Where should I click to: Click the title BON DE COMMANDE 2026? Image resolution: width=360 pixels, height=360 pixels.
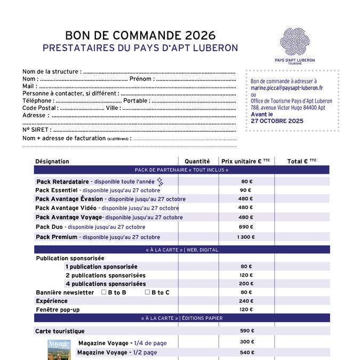point(140,35)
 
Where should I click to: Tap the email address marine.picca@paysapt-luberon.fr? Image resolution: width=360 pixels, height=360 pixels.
point(286,87)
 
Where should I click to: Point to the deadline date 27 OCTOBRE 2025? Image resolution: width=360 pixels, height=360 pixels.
point(277,121)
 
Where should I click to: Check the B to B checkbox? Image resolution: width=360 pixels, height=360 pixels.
point(104,292)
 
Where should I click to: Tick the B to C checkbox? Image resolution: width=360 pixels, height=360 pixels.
point(148,292)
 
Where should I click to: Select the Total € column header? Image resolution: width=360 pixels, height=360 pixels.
point(301,161)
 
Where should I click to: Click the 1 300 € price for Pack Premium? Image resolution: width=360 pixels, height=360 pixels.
point(246,237)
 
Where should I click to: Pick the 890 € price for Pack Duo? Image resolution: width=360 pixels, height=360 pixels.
point(246,227)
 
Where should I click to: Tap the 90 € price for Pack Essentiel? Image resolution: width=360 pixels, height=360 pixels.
point(246,190)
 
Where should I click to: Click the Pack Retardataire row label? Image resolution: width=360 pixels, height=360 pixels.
point(62,181)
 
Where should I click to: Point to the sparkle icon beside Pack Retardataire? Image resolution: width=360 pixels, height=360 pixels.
point(159,182)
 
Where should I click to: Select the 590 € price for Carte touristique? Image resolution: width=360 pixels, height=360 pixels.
point(246,331)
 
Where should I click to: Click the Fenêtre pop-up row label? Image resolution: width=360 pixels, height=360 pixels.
point(58,309)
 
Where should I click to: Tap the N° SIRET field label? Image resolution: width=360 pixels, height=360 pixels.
point(37,130)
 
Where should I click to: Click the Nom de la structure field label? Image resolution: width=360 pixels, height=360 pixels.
point(52,71)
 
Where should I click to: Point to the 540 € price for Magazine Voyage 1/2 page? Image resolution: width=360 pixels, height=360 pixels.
point(246,353)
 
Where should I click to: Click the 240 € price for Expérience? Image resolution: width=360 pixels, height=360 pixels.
point(246,301)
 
